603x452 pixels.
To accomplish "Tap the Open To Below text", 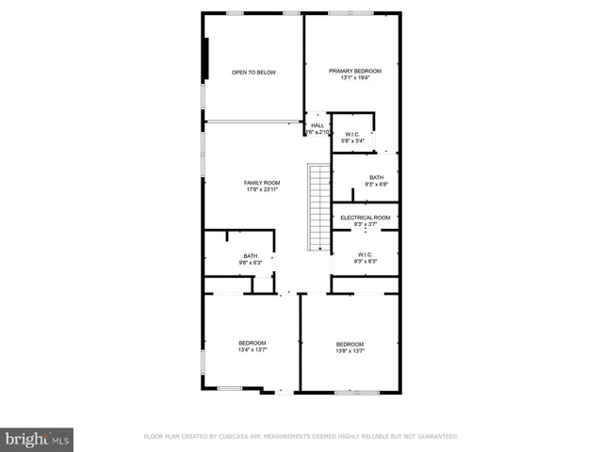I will pos(254,73).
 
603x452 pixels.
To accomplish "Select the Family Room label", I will pos(262,182).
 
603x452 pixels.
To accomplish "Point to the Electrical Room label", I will pos(365,218).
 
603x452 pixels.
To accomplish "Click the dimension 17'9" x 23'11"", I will pos(262,189).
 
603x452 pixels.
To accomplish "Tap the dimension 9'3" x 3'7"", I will pos(365,224).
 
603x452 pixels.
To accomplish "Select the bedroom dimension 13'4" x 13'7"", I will pos(252,349).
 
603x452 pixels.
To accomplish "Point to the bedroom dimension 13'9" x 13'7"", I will pos(350,351).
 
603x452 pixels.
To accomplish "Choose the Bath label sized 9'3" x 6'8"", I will pos(376,177).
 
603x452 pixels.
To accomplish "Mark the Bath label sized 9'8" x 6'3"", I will pos(251,255).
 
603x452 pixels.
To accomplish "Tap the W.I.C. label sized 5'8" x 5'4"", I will pos(352,135).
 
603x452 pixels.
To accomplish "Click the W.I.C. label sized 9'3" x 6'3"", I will pos(365,254).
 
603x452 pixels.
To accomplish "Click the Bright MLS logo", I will pos(38,438).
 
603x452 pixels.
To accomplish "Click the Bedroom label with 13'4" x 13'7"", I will pos(252,342).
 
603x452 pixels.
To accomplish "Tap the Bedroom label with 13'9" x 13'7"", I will pos(350,344).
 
